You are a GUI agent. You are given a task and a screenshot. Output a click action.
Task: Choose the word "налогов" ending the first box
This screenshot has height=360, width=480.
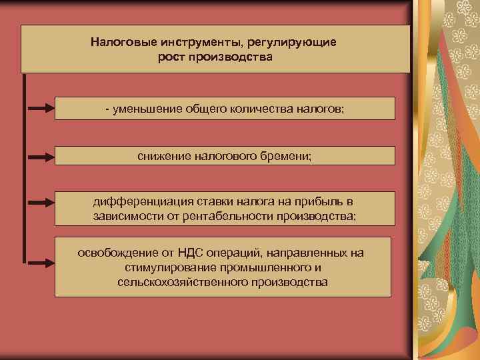[x=319, y=109]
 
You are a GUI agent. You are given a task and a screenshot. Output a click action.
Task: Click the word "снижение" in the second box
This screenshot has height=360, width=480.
[x=164, y=156]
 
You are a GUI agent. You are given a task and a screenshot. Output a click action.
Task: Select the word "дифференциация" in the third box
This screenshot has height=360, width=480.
[x=137, y=201]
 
